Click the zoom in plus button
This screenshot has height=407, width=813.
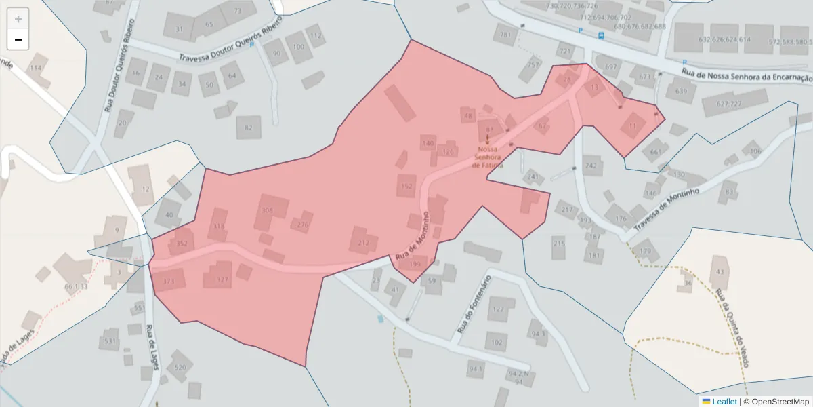(x=18, y=19)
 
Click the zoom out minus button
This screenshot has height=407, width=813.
(x=18, y=39)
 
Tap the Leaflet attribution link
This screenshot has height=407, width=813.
(x=724, y=402)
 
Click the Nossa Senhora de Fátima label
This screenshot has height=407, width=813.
(x=491, y=157)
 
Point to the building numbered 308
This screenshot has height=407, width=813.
(x=268, y=211)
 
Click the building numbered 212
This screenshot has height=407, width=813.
(x=363, y=242)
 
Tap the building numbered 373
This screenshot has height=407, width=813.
(x=169, y=281)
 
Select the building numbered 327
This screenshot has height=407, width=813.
(x=222, y=279)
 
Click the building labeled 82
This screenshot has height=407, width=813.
(x=249, y=127)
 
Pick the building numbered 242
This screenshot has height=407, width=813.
(x=591, y=166)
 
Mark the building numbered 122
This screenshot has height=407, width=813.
(x=499, y=309)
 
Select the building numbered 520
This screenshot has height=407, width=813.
(x=180, y=367)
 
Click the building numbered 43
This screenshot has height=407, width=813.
(x=720, y=272)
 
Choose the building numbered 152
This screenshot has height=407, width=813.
(x=406, y=186)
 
